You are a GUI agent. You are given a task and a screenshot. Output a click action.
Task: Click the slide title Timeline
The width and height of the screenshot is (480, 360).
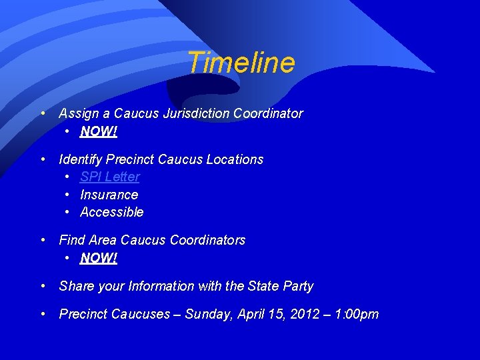pos(241,63)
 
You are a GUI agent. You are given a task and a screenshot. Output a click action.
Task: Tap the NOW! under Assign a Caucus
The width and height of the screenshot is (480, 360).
pos(99,132)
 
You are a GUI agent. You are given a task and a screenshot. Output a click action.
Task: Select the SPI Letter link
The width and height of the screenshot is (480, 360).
pos(110,177)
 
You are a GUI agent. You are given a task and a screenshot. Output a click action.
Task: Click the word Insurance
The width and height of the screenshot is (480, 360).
pos(109,195)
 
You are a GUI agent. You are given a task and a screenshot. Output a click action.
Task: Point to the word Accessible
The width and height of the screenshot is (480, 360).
pos(112,213)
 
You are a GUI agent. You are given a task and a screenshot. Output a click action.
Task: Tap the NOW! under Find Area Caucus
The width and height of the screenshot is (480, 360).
pos(99,258)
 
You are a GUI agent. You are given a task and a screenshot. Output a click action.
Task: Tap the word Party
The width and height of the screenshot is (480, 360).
pos(297,287)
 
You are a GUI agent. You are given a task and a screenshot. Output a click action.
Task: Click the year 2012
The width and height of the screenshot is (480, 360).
pos(305,314)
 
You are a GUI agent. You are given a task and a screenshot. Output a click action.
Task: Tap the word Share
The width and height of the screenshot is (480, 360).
pos(77,287)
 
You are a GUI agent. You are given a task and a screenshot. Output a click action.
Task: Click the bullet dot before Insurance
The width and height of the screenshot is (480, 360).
pos(69,195)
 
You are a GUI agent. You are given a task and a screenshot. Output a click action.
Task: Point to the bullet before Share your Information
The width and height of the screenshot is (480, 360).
pos(43,286)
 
